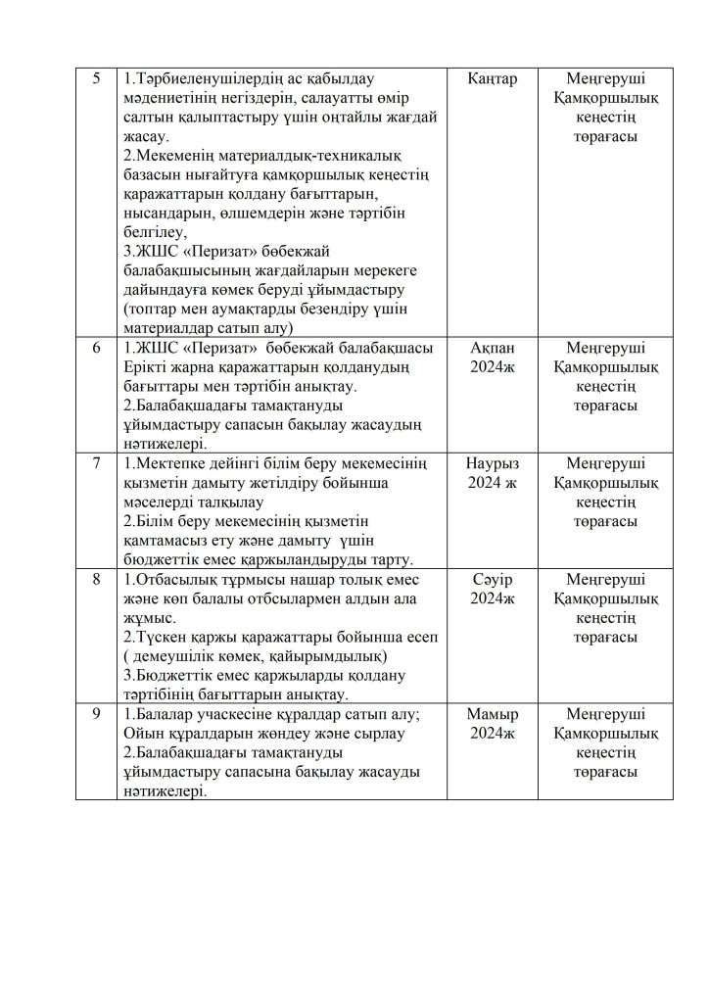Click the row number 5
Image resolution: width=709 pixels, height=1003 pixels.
click(95, 78)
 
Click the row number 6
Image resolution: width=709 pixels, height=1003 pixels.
click(95, 347)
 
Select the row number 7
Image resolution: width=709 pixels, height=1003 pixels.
click(95, 462)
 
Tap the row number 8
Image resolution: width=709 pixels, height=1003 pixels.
click(95, 579)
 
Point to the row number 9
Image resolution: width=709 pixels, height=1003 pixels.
click(95, 713)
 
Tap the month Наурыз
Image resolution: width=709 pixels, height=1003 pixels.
click(493, 462)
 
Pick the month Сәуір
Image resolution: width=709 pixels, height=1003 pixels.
click(493, 579)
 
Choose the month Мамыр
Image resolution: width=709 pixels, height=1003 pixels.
click(493, 713)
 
